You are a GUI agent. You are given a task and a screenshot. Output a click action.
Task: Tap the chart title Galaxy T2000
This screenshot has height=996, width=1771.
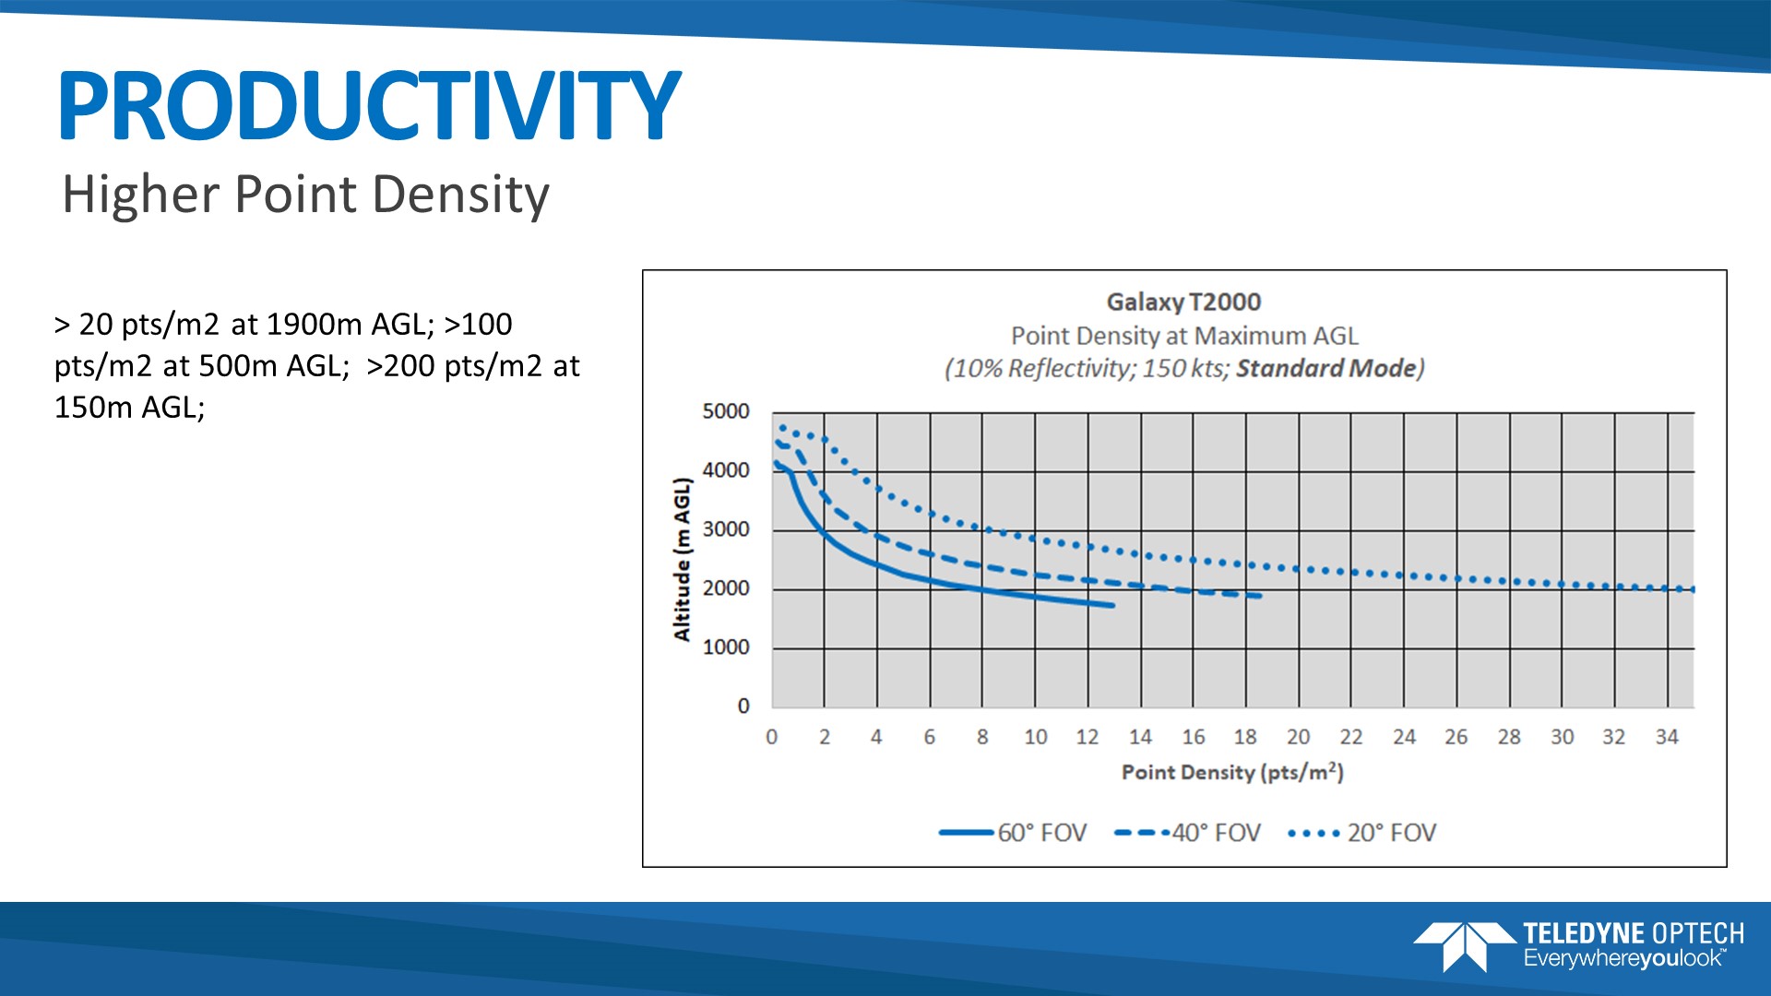click(x=1183, y=302)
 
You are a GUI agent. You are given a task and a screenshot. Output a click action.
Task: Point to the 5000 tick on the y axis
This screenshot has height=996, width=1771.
click(x=726, y=411)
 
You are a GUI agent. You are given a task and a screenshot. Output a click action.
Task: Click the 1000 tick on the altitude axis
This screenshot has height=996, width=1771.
click(x=726, y=647)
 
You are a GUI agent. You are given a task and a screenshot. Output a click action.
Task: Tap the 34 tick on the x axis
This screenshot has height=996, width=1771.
click(x=1667, y=737)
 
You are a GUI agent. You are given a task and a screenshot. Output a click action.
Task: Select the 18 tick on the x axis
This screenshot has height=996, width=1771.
click(x=1245, y=737)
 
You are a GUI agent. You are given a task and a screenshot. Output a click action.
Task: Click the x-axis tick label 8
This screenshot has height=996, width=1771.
click(x=982, y=737)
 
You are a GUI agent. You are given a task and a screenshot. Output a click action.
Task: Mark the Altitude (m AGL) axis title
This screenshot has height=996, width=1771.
click(x=682, y=559)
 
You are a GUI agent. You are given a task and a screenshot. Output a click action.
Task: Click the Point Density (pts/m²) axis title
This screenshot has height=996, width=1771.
click(x=1232, y=772)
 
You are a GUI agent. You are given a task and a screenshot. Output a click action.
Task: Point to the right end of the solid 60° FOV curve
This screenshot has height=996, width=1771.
click(x=1112, y=605)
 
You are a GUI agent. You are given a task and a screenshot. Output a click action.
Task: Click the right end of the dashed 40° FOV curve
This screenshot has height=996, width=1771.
click(x=1258, y=596)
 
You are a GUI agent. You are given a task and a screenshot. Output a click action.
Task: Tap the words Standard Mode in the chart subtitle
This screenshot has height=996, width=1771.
click(x=1325, y=368)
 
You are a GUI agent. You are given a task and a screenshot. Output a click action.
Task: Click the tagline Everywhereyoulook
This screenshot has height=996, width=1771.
click(x=1623, y=959)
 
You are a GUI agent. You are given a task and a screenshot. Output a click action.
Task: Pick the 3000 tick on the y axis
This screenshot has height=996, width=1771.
click(x=726, y=529)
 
